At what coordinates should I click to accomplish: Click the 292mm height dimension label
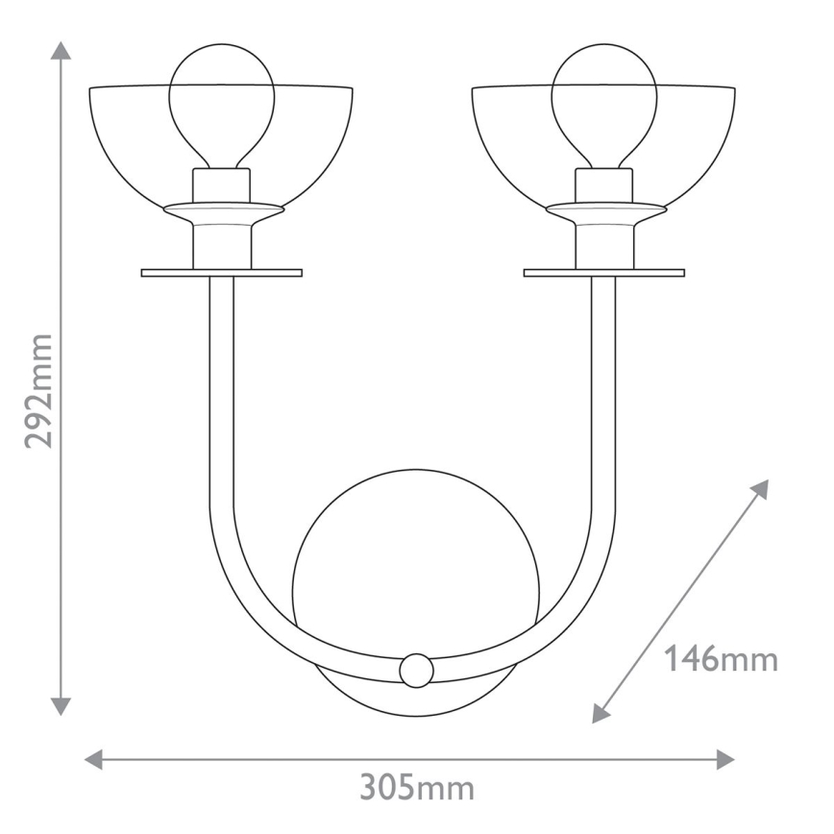pyautogui.click(x=38, y=391)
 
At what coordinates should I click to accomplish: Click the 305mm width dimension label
pyautogui.click(x=417, y=788)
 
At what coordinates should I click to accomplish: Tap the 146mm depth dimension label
pyautogui.click(x=720, y=660)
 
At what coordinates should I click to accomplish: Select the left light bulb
pyautogui.click(x=222, y=100)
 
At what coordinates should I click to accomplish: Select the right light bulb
pyautogui.click(x=603, y=100)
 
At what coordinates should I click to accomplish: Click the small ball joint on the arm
pyautogui.click(x=416, y=670)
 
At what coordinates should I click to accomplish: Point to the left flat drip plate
pyautogui.click(x=222, y=273)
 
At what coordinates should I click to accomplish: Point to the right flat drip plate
pyautogui.click(x=603, y=273)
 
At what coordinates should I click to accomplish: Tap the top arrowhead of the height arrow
pyautogui.click(x=61, y=51)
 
